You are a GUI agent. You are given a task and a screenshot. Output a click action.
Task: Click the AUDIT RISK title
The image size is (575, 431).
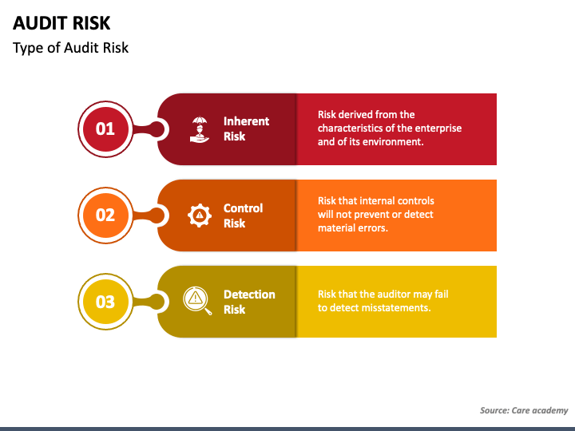click(61, 23)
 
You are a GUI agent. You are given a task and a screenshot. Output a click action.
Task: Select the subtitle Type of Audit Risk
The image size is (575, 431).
click(70, 48)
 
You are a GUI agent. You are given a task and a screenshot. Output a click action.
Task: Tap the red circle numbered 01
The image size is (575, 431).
click(105, 129)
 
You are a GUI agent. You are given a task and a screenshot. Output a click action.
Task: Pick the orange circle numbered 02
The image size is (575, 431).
click(105, 215)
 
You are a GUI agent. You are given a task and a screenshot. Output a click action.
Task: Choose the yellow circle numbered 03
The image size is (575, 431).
click(105, 302)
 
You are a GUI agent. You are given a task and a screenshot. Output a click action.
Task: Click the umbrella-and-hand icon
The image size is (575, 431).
click(200, 129)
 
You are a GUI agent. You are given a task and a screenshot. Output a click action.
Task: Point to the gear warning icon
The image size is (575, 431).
click(200, 215)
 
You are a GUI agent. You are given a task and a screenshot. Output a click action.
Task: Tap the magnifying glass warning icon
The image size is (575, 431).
click(197, 301)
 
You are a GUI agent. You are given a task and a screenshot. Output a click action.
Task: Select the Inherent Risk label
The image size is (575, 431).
click(246, 129)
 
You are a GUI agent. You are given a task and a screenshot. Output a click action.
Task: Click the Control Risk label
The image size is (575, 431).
click(243, 215)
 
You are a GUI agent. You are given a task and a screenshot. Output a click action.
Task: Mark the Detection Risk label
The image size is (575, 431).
click(249, 302)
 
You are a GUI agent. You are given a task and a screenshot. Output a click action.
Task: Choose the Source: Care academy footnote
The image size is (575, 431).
click(524, 410)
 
